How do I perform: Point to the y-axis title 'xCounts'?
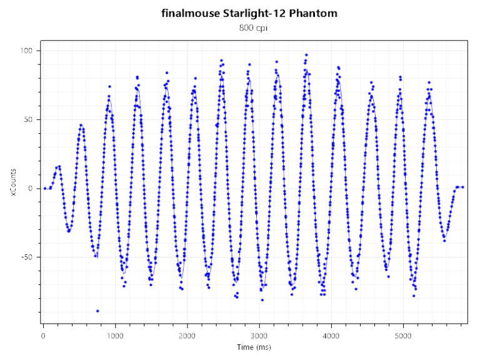(13, 187)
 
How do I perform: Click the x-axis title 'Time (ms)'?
(254, 347)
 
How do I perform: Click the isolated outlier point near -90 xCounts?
(97, 311)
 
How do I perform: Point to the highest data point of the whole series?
(306, 54)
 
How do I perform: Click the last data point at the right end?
(462, 187)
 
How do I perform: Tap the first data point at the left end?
(45, 188)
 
